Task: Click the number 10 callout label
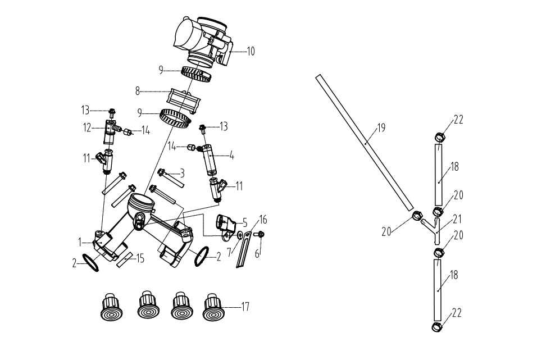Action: coord(251,51)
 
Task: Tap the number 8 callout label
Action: coord(137,90)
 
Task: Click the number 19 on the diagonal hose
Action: coord(381,128)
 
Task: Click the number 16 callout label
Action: coord(262,218)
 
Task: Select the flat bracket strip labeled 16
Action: coord(242,250)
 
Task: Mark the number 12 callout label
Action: coord(87,128)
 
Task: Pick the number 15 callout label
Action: coord(140,258)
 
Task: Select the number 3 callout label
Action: coord(182,174)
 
